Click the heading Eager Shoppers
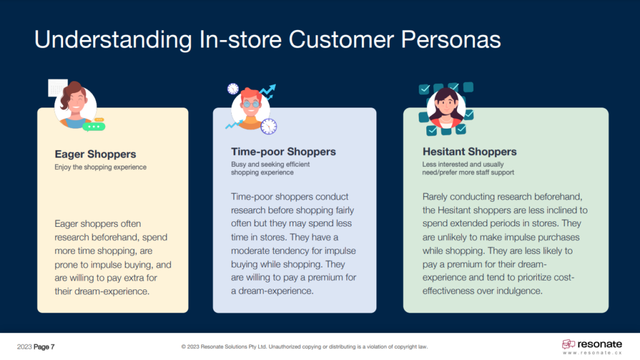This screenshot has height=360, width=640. coord(95,154)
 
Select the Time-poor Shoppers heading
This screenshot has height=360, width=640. coord(283,151)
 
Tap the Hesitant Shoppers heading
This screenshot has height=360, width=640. coord(469,151)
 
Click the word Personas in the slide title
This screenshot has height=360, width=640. coord(451,39)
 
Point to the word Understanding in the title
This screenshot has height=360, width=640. coord(113,41)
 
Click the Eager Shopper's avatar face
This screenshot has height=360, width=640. coord(76,105)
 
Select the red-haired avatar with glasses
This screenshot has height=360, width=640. coord(251,108)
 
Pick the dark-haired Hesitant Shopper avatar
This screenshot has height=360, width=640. coord(446,108)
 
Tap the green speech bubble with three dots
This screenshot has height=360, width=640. coord(94,127)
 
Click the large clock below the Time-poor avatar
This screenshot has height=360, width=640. coord(269,126)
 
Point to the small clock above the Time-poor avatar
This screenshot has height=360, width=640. coord(233,89)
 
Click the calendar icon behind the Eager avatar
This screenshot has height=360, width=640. coord(57,87)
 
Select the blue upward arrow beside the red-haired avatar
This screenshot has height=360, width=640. coord(267,91)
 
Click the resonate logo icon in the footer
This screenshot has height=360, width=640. coord(568,344)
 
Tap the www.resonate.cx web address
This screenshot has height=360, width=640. coord(592,353)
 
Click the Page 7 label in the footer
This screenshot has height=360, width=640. coord(44,347)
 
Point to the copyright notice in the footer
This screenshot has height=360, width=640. coord(304,347)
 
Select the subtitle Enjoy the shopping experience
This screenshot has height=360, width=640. coord(101,167)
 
